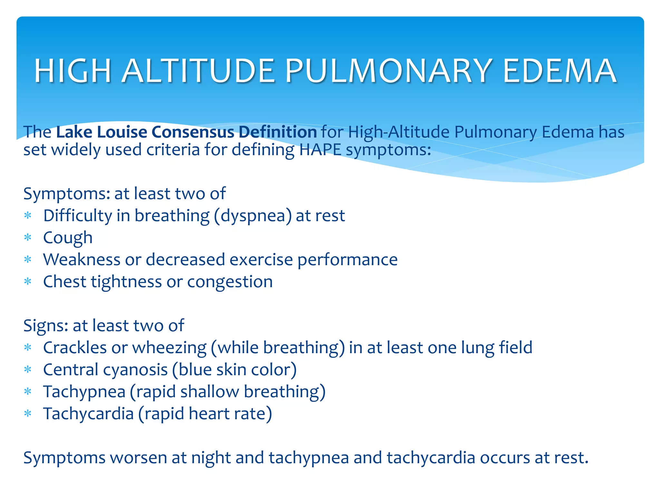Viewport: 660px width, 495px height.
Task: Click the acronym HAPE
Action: tap(320, 150)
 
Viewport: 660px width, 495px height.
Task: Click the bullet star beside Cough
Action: tap(28, 238)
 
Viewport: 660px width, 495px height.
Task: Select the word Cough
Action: tap(68, 238)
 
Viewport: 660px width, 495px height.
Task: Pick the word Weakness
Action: tap(82, 259)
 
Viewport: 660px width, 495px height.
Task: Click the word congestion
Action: tap(230, 282)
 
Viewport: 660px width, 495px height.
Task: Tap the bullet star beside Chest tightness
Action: tap(28, 282)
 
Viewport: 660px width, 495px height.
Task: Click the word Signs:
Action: tap(46, 325)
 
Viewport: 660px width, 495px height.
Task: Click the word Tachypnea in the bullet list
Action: tap(84, 392)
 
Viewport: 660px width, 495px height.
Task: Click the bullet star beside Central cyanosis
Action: tap(28, 370)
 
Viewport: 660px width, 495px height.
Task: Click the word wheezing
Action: tap(169, 348)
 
